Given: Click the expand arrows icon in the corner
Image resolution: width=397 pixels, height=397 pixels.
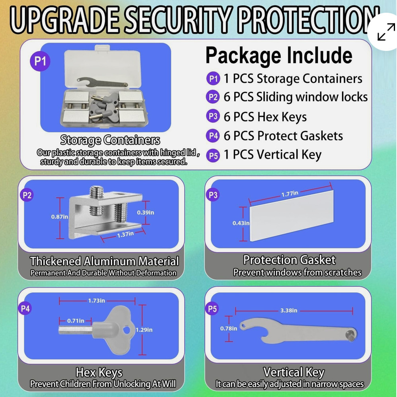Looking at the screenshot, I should (386, 31).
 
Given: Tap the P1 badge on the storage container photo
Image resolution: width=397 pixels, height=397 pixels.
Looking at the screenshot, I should (40, 62).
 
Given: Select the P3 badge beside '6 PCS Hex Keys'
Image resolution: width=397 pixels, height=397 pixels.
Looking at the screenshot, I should (213, 117).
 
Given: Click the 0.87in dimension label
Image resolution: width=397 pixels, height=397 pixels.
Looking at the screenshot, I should (59, 217).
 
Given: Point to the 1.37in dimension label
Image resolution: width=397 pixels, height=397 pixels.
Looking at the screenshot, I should (125, 234).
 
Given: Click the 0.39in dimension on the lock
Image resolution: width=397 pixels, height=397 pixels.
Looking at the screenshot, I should (145, 212).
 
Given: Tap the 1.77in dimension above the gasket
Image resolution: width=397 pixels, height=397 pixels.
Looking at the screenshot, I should (290, 194).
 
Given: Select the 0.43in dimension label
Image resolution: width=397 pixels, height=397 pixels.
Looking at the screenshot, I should (241, 223).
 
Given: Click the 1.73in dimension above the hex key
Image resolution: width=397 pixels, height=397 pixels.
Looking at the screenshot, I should (96, 301).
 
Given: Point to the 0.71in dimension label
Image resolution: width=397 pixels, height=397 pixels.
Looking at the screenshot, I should (76, 321).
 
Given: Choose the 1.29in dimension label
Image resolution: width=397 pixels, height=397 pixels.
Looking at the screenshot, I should (144, 330).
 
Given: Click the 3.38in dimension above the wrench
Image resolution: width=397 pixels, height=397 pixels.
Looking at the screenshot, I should (289, 310).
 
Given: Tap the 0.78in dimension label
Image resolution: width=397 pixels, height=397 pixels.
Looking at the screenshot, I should (229, 328).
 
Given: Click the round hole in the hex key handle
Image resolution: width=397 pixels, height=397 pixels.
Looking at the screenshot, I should (126, 330).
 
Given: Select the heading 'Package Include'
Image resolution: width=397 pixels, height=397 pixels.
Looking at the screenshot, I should (278, 56).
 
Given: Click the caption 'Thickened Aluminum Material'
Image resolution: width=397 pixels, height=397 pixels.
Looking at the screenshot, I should (104, 261).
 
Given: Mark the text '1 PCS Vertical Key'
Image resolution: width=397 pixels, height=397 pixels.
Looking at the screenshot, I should (272, 154).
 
